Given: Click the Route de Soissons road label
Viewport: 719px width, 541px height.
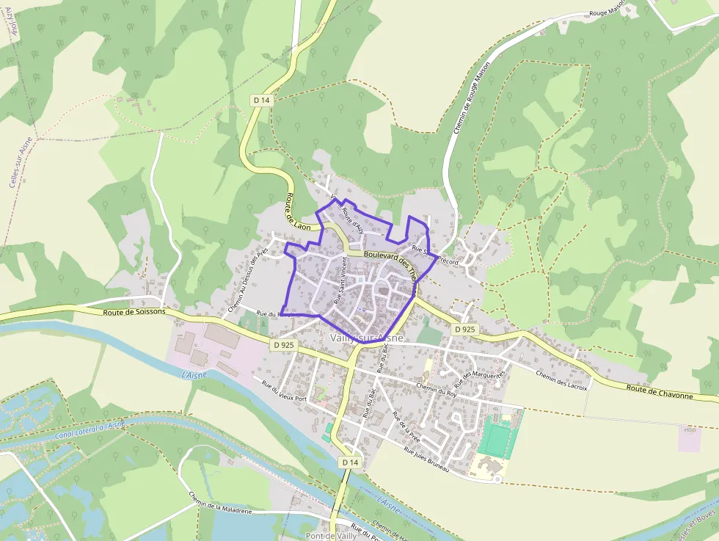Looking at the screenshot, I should click(134, 311).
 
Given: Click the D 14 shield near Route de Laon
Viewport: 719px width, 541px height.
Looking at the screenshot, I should click(262, 100).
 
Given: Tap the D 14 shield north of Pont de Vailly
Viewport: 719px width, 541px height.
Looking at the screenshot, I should click(350, 462).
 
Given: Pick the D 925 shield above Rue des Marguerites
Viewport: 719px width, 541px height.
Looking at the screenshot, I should click(464, 330).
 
